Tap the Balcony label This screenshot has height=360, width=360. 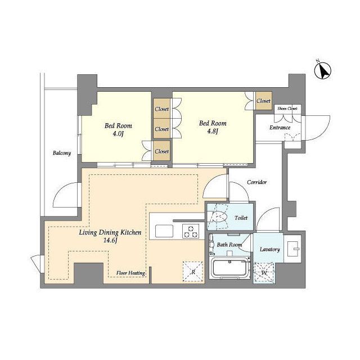pos(62,153)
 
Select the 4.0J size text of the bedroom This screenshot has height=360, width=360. pos(118,134)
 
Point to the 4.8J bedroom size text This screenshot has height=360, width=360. pos(212,131)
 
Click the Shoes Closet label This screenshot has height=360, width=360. pos(287,109)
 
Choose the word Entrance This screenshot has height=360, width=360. pos(280,128)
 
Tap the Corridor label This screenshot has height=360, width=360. pos(257,182)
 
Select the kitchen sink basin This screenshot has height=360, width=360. pos(164,231)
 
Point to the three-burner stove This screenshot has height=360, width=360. pos(190,231)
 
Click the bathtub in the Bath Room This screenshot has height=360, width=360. pos(230,268)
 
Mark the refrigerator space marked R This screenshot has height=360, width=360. pos(193,272)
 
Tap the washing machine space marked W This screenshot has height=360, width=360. pos(264,272)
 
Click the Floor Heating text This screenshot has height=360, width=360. pos(130,273)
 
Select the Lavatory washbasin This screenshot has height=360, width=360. pos(292,249)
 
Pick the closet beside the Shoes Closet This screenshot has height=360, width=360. pos(264,101)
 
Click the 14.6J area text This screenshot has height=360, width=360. pos(110,241)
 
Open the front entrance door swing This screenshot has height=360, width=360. pos(316,128)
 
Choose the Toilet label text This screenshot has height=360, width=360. pos(241,218)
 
